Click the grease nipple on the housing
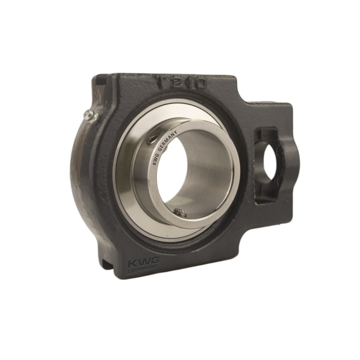click(91, 117)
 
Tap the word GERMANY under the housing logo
click(143, 271)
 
